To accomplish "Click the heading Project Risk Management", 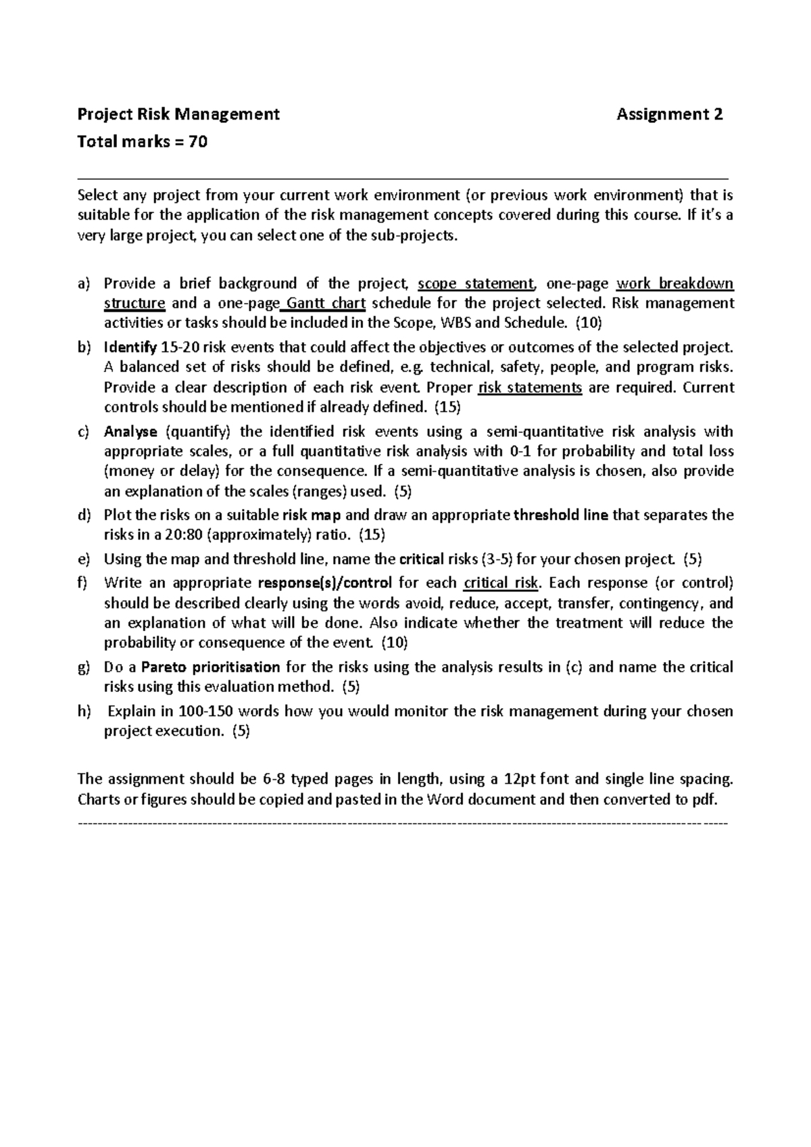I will tap(178, 114).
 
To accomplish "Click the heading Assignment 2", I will tap(670, 114).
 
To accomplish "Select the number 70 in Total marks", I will tap(198, 142).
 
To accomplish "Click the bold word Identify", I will tap(130, 348).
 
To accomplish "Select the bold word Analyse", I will tap(130, 431).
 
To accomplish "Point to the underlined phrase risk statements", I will tap(530, 388).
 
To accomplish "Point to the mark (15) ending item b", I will tap(447, 407).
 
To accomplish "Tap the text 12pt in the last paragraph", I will tap(520, 779).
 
